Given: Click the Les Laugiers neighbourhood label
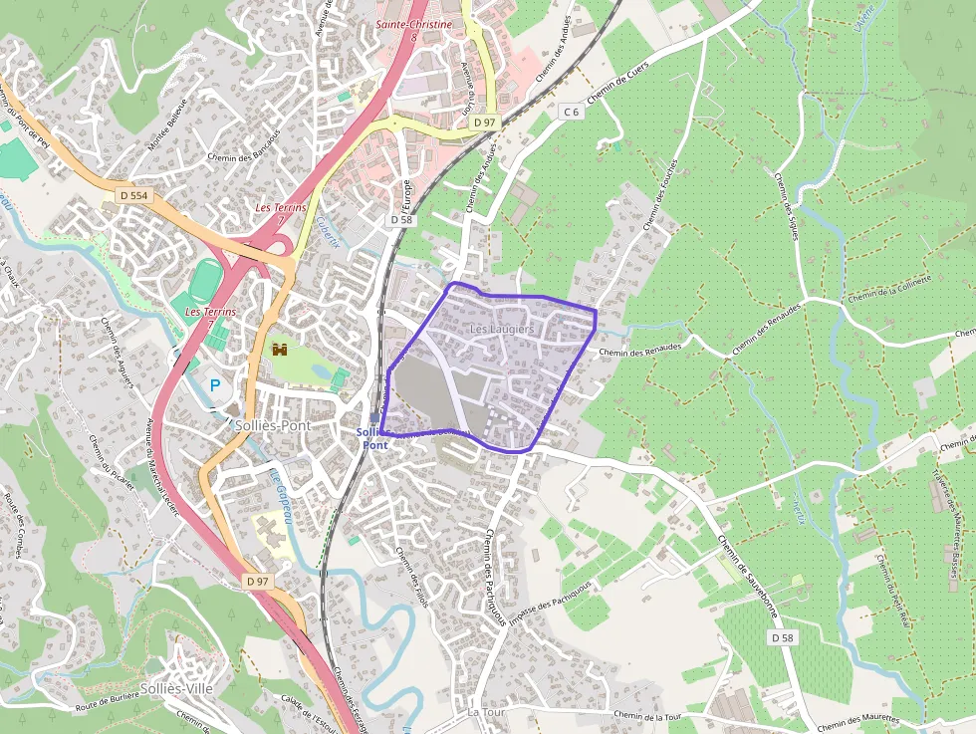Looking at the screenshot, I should pyautogui.click(x=502, y=329).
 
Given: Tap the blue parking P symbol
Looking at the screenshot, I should pyautogui.click(x=214, y=383).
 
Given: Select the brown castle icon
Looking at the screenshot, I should pyautogui.click(x=280, y=350).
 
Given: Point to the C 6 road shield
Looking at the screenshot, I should pyautogui.click(x=570, y=112).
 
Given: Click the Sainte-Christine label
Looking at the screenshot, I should pyautogui.click(x=414, y=24).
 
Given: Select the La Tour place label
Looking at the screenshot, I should pyautogui.click(x=487, y=713).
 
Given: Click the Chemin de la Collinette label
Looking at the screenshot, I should pyautogui.click(x=889, y=293).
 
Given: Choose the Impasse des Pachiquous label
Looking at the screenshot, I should pyautogui.click(x=550, y=605).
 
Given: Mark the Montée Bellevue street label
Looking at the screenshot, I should pyautogui.click(x=167, y=126).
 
